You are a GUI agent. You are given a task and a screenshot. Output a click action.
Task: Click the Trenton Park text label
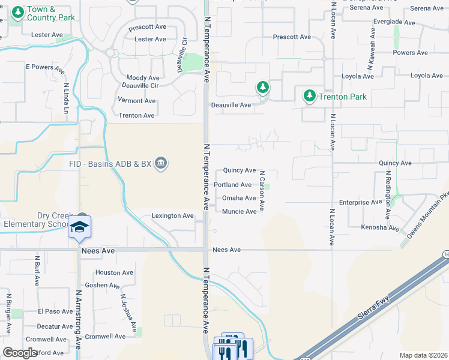point(343,97)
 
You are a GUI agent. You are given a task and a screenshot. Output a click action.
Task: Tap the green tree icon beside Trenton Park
point(309,95)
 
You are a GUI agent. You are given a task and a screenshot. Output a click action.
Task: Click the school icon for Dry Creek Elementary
point(79,226)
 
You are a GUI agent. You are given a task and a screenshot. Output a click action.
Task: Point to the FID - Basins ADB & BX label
point(108,163)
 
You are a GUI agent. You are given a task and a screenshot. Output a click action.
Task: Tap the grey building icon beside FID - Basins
point(160,163)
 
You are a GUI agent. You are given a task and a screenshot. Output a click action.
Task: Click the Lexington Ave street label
point(173,215)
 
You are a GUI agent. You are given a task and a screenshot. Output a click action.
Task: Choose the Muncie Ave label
point(239,211)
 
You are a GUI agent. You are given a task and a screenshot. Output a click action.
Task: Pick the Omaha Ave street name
point(239,198)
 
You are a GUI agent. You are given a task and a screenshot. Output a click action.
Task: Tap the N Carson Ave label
point(262,191)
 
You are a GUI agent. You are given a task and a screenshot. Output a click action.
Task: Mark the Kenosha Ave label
point(380,228)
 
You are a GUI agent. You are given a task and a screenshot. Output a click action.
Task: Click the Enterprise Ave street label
point(360,203)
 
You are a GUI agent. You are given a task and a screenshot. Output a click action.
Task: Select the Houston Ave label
point(114,272)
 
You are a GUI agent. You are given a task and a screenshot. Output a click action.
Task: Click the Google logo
point(20,353)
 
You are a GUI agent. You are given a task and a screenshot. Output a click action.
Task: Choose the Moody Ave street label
point(143,78)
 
